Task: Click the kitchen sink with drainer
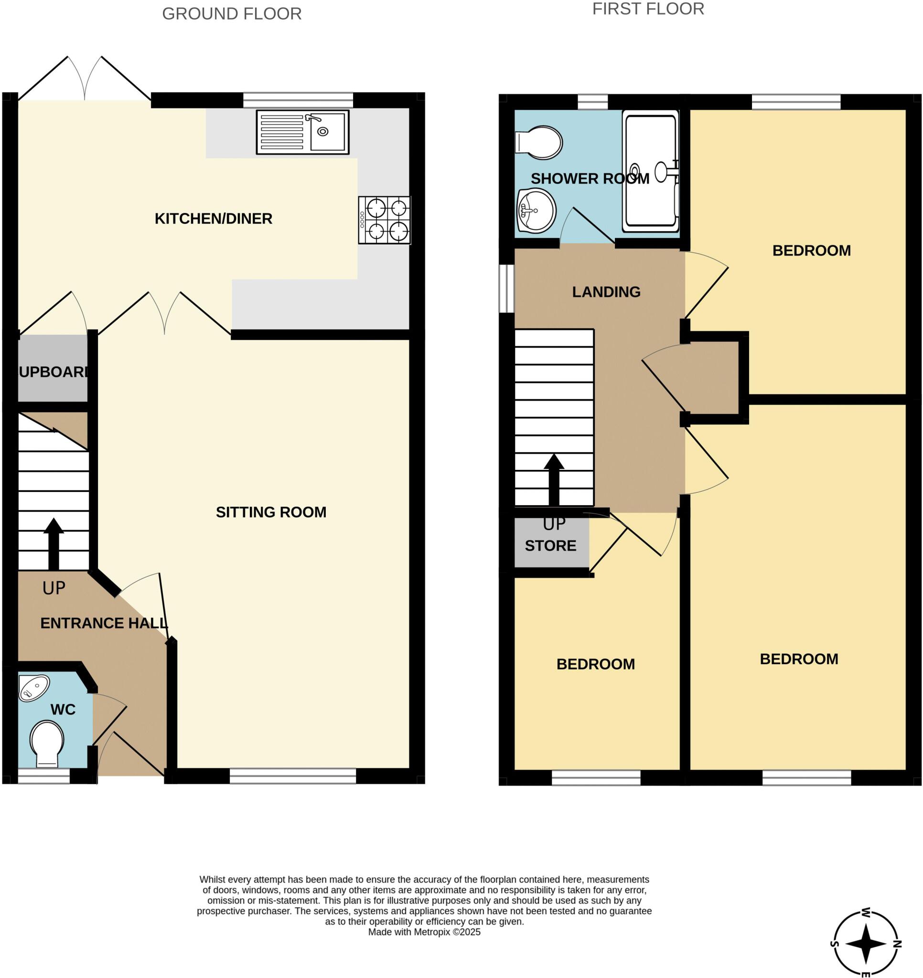tap(302, 132)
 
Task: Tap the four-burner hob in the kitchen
tap(385, 220)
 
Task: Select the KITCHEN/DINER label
tap(213, 218)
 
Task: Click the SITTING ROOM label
tap(271, 512)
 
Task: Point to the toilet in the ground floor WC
tap(47, 743)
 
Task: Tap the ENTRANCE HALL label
tap(104, 623)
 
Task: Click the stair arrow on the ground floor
tap(53, 543)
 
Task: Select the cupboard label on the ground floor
tap(53, 372)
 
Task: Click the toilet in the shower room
tap(539, 143)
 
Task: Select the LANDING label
tap(606, 292)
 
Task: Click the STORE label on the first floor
tap(550, 545)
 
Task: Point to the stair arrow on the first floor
tap(554, 479)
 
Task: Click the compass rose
tap(866, 944)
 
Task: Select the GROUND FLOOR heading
tap(232, 14)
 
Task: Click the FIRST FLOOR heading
tap(648, 9)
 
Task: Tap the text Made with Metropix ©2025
tap(424, 932)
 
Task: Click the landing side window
tap(506, 289)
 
